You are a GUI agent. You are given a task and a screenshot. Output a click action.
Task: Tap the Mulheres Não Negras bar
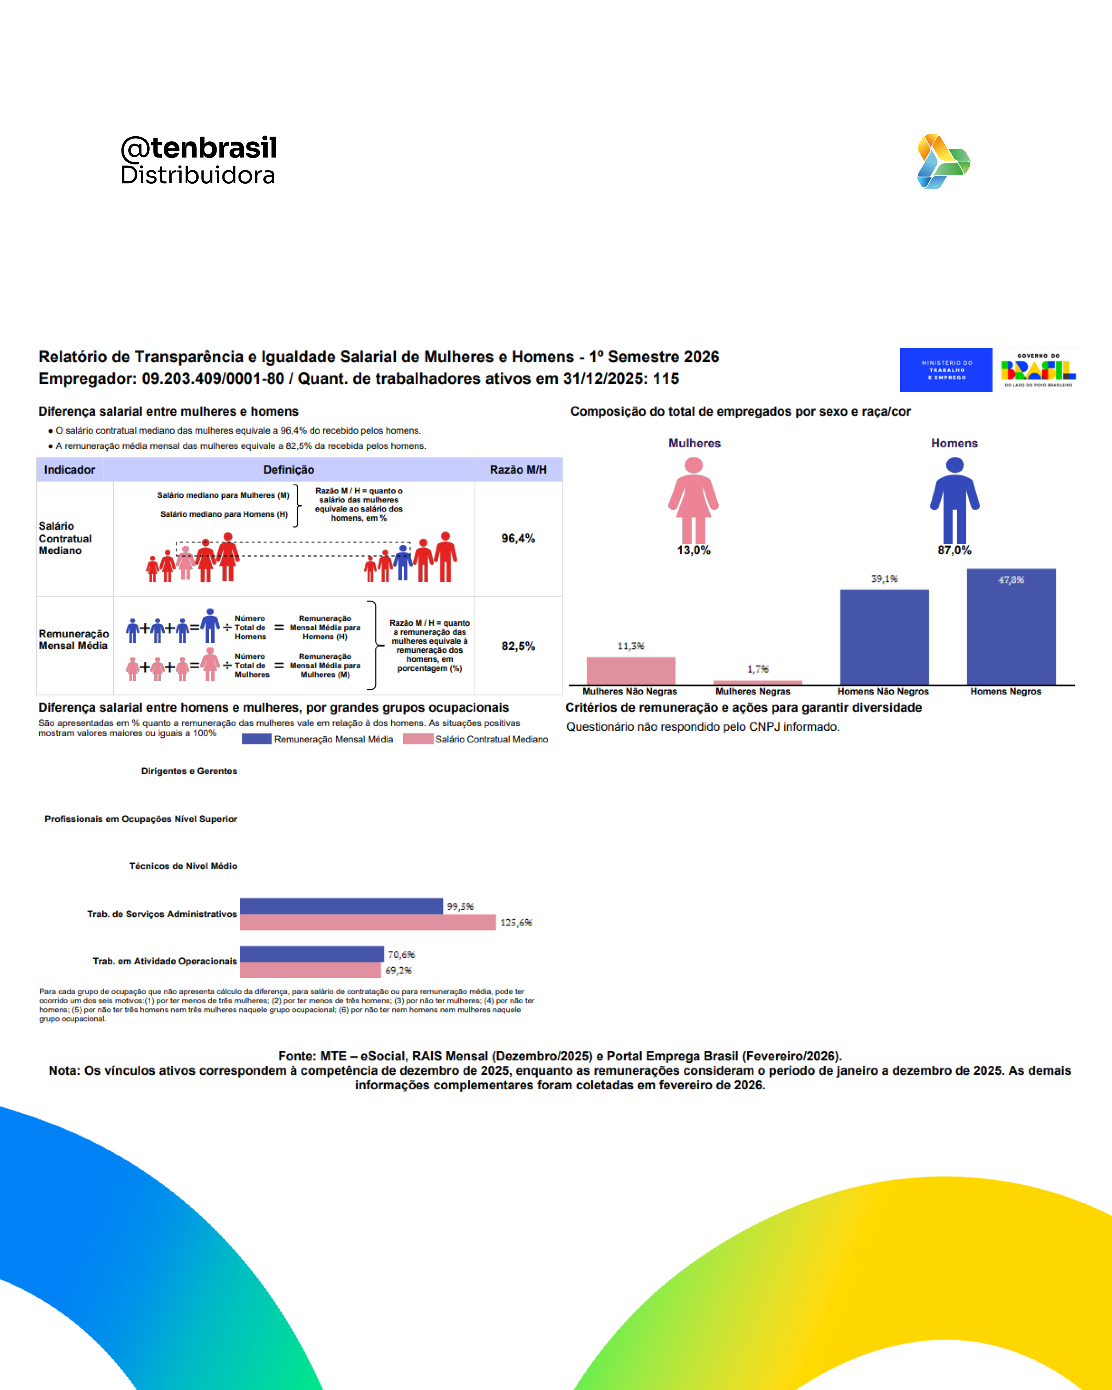[x=630, y=671]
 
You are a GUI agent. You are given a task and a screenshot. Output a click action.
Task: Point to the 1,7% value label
[x=757, y=669]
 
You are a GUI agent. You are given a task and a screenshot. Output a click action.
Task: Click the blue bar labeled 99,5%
[x=341, y=906]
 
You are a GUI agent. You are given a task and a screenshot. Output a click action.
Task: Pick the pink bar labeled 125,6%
[x=368, y=922]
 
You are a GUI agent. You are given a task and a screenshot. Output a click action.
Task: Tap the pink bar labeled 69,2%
[x=310, y=970]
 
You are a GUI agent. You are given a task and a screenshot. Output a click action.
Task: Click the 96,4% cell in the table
[x=518, y=538]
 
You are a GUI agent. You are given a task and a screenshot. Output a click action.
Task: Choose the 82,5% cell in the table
[x=518, y=646]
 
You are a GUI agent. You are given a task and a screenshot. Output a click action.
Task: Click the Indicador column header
[x=70, y=470]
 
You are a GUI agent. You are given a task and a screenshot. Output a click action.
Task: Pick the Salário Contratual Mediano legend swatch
[x=418, y=739]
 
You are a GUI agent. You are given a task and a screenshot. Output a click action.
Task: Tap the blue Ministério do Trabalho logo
[x=946, y=370]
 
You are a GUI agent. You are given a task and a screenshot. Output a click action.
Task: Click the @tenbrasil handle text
[x=199, y=148]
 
